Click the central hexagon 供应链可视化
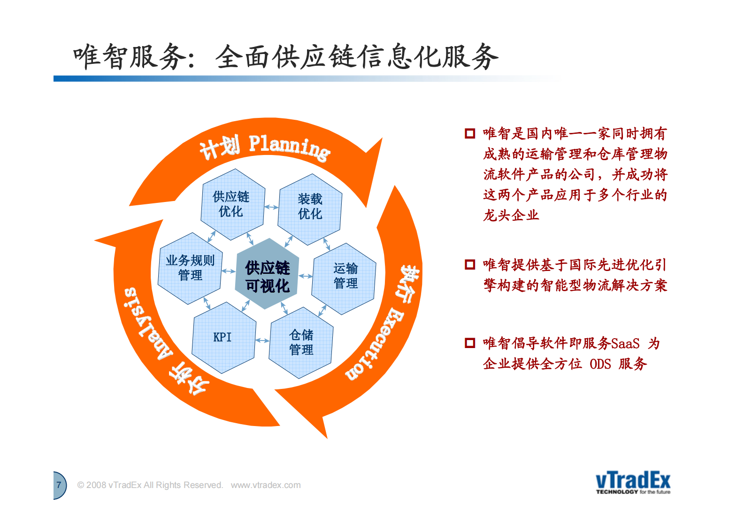267,276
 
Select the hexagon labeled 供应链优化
232,204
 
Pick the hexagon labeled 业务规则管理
190,268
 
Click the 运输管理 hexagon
345,277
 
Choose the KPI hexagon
223,337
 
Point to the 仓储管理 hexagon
301,342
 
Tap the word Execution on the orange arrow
375,345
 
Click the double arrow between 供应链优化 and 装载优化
271,207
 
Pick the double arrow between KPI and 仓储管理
262,341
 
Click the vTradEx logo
633,482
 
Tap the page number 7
59,485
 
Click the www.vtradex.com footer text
265,485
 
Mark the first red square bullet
469,133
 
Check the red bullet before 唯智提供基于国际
469,264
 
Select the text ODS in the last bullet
600,364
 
